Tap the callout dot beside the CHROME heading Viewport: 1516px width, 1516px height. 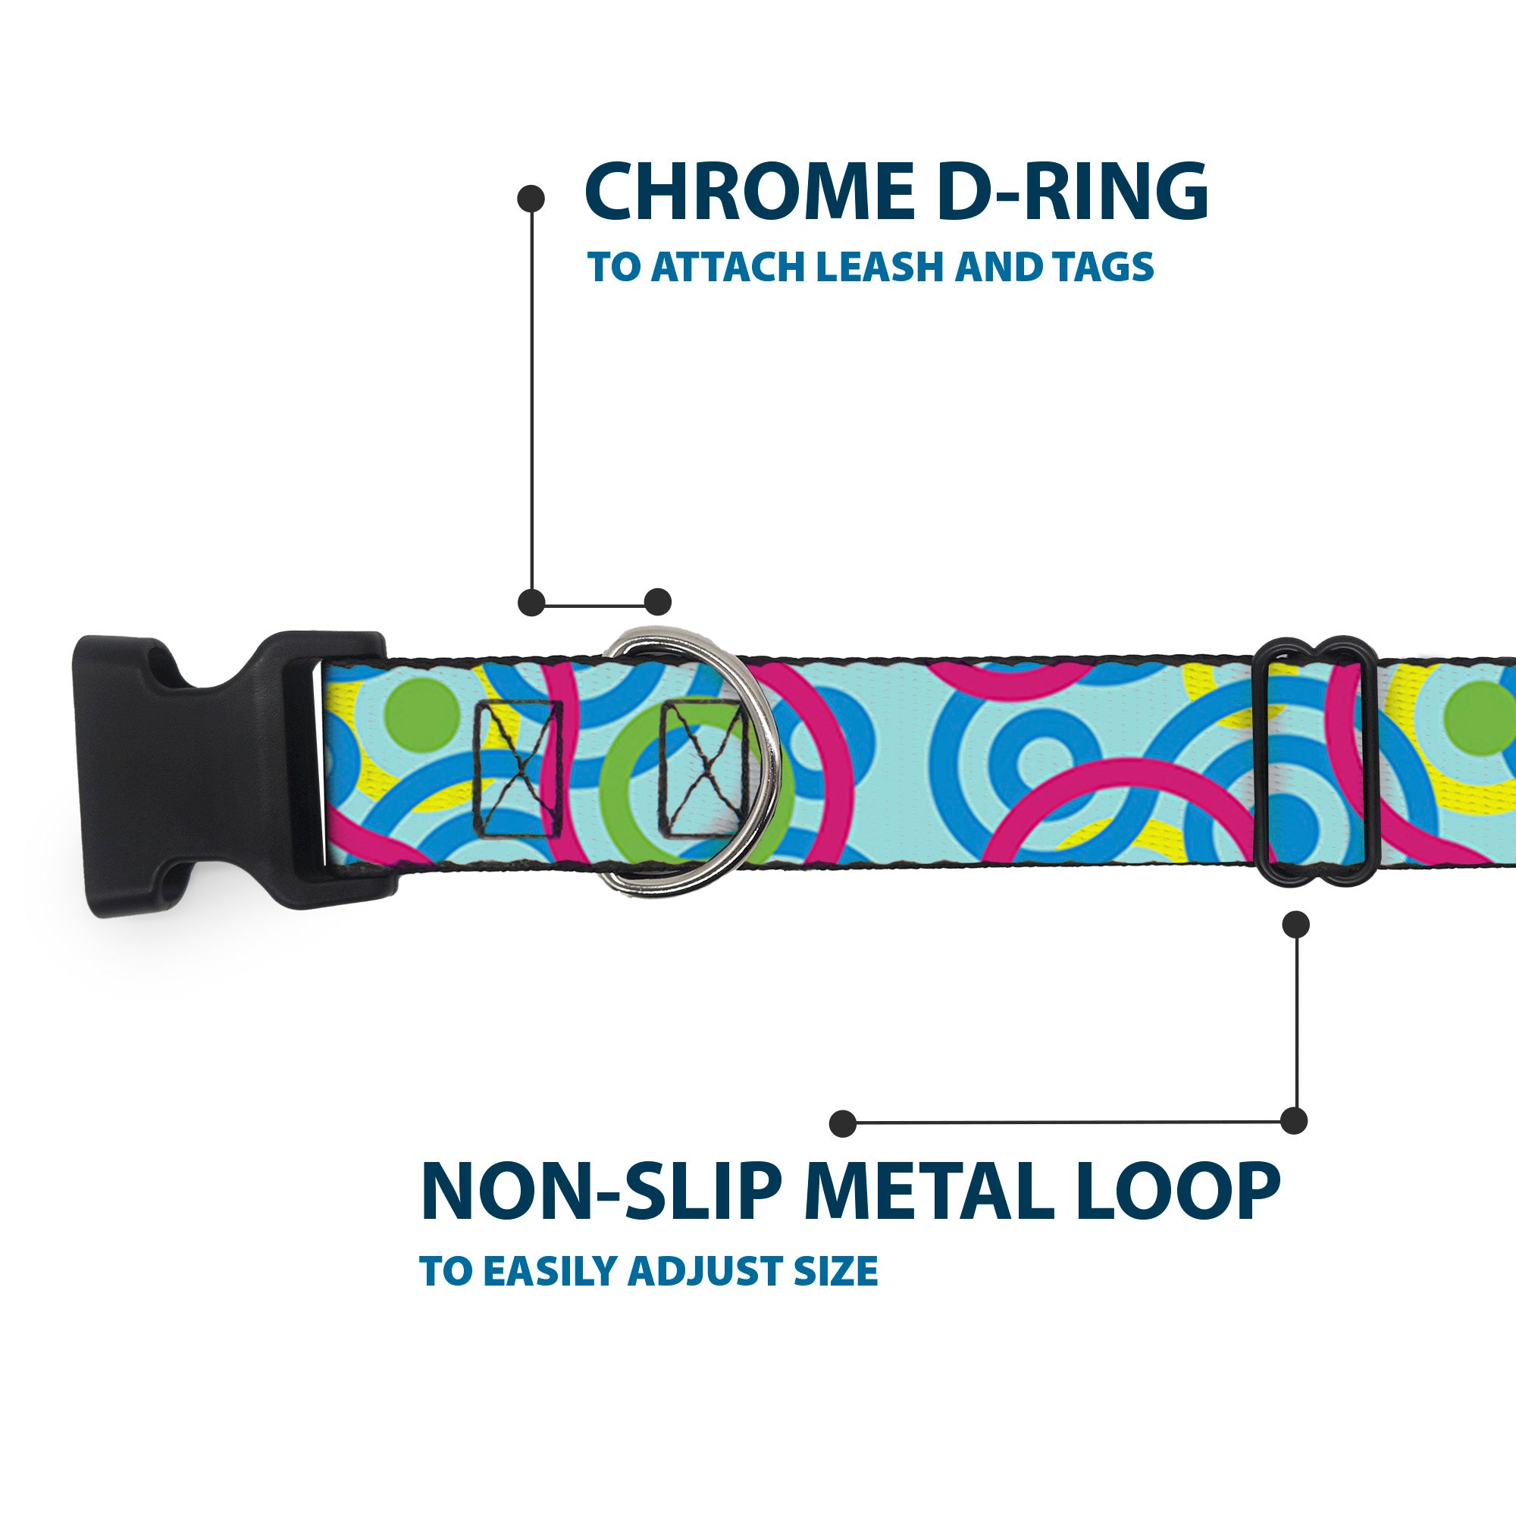tap(531, 199)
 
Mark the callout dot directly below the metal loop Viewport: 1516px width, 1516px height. tap(1295, 924)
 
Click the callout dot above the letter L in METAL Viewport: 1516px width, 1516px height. tap(843, 1123)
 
